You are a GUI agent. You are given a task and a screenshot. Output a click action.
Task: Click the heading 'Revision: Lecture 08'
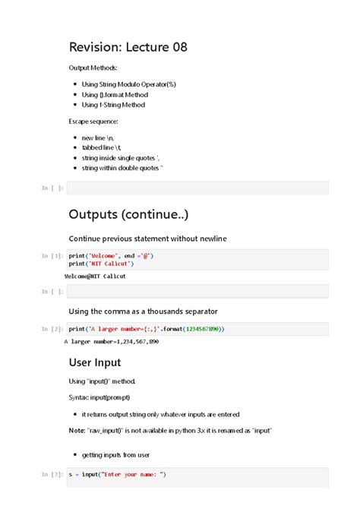pos(128,48)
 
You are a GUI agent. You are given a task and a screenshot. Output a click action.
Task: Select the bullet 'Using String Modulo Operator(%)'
pos(128,84)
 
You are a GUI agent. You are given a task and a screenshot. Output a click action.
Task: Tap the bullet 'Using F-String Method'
pos(113,105)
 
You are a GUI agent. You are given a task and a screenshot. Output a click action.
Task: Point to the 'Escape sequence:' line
pos(93,122)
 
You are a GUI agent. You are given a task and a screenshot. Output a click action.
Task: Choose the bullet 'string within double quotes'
pos(122,168)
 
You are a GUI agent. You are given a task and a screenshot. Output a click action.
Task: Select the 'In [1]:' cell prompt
pos(52,256)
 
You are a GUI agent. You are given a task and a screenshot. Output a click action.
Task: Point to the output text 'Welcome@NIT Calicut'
pos(95,277)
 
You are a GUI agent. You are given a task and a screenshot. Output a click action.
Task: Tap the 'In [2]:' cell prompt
pos(52,329)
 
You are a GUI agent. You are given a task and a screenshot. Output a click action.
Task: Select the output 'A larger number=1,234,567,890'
pos(112,342)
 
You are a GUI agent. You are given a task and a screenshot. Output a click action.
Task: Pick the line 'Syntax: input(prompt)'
pos(99,397)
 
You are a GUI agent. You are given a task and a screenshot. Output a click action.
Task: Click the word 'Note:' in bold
pos(77,431)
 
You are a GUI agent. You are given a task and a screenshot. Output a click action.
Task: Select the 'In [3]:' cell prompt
pos(52,475)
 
